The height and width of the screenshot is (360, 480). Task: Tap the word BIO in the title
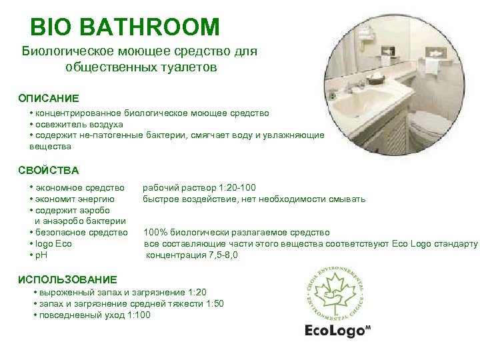(54, 27)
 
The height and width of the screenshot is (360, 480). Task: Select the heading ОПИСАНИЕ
(48, 98)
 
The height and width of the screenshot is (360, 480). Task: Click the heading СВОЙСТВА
(49, 170)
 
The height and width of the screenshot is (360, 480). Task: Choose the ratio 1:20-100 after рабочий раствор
(233, 187)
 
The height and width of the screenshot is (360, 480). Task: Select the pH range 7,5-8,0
(214, 255)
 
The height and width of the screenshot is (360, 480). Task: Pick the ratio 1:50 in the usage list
(213, 303)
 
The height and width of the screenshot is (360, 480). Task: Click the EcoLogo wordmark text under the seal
(333, 331)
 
